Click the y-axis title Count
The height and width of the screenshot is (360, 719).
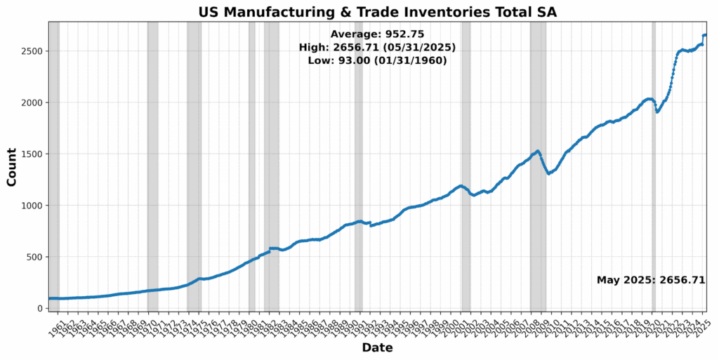[x=12, y=166]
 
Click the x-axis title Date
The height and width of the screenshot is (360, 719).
[x=377, y=347]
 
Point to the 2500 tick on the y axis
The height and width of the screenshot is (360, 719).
[x=33, y=51]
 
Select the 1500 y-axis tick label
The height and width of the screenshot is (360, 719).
[x=33, y=154]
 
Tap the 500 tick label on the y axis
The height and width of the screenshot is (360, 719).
[x=36, y=257]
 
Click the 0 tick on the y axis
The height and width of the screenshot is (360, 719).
[x=41, y=308]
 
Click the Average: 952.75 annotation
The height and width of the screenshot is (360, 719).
[x=377, y=34]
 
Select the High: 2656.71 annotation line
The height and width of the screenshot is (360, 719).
[x=377, y=47]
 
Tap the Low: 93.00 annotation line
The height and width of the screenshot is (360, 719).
[x=377, y=60]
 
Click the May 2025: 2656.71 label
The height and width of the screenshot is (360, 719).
[x=650, y=280]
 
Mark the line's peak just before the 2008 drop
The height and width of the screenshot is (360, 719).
[x=538, y=151]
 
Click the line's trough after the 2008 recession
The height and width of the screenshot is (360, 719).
[x=549, y=173]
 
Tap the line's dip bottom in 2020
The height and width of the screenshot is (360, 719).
[x=657, y=112]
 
